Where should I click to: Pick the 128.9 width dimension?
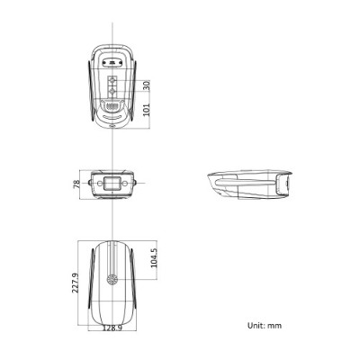click(x=112, y=329)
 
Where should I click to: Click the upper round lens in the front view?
click(x=112, y=79)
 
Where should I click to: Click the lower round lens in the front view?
click(x=112, y=91)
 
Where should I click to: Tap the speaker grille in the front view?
click(x=112, y=106)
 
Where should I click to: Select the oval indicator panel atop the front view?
click(x=112, y=64)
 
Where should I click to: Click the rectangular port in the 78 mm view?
click(x=112, y=183)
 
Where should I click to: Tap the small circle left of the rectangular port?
click(x=93, y=183)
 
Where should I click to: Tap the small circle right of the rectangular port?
click(x=130, y=183)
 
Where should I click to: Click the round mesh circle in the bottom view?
click(x=112, y=280)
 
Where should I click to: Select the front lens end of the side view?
click(x=284, y=184)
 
